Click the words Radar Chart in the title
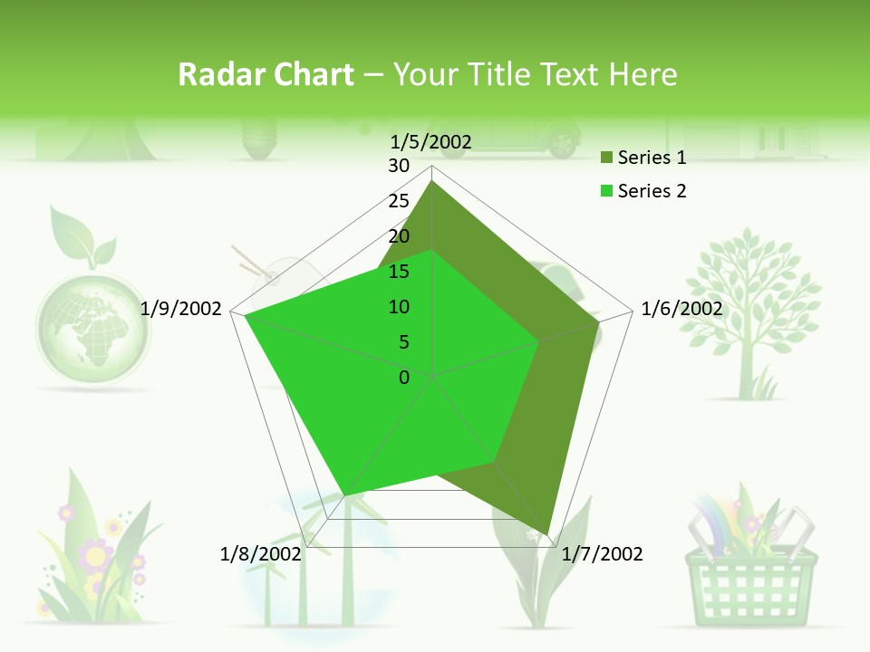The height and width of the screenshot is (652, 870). pyautogui.click(x=266, y=75)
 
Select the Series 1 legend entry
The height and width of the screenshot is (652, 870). pyautogui.click(x=643, y=158)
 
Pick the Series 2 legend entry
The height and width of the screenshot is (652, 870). pyautogui.click(x=643, y=191)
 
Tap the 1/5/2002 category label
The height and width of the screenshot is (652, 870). pyautogui.click(x=431, y=141)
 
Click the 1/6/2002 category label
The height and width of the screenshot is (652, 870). pyautogui.click(x=681, y=309)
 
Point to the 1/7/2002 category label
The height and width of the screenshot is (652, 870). pyautogui.click(x=602, y=554)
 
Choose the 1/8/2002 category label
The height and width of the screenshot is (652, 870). pyautogui.click(x=261, y=554)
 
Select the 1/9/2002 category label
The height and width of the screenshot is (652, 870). pyautogui.click(x=181, y=309)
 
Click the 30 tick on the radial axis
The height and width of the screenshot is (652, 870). pyautogui.click(x=399, y=166)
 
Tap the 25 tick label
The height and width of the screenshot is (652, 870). pyautogui.click(x=399, y=201)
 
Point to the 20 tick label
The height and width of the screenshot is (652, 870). pyautogui.click(x=399, y=236)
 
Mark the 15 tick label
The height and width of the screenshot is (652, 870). pyautogui.click(x=399, y=272)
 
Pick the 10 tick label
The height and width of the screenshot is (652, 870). pyautogui.click(x=399, y=307)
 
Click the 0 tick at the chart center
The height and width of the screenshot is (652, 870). pyautogui.click(x=404, y=378)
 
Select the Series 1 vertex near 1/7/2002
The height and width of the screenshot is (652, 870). pyautogui.click(x=547, y=533)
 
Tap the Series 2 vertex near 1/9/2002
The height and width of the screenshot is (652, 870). pyautogui.click(x=246, y=316)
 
